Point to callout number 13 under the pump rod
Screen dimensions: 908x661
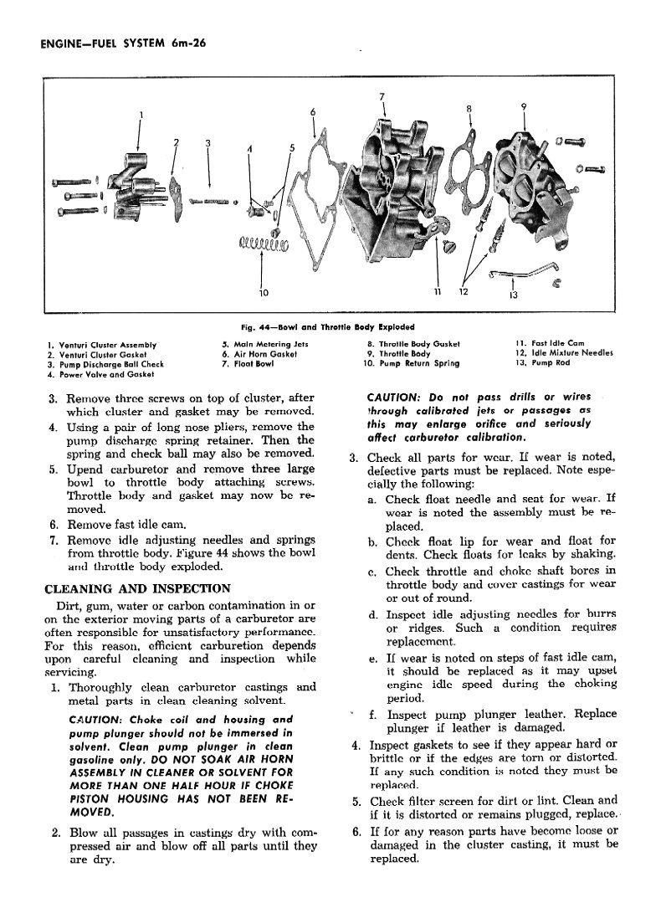(x=513, y=294)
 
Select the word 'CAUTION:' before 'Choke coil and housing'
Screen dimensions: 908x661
(x=94, y=720)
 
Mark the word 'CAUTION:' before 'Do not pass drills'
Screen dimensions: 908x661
(x=396, y=397)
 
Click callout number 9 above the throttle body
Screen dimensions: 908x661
(x=523, y=106)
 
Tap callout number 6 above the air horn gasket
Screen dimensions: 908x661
(x=313, y=111)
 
